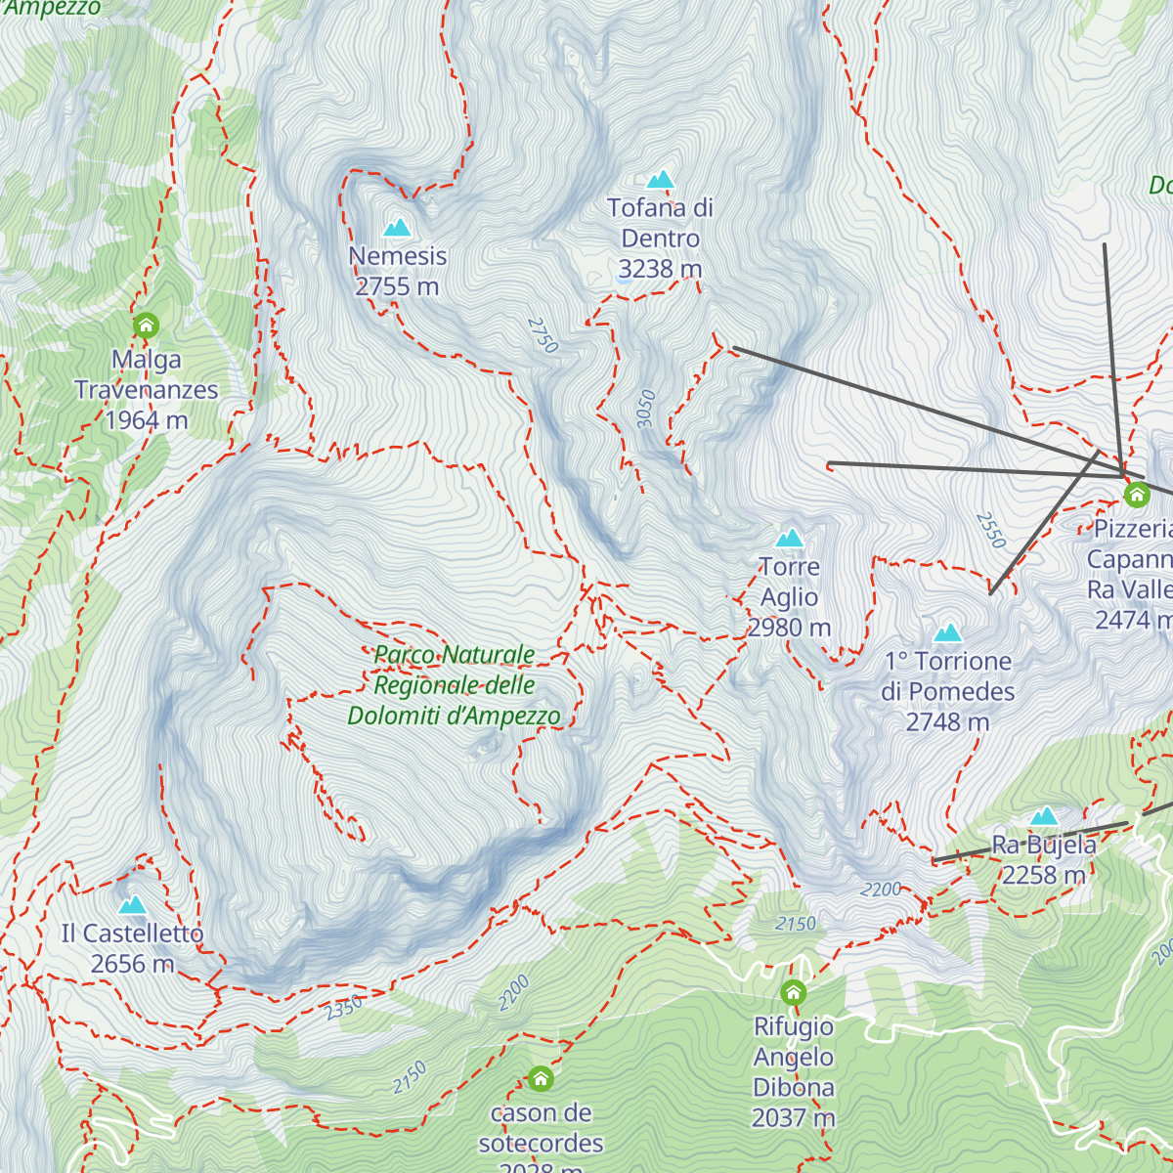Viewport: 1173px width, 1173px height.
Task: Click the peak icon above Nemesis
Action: [x=397, y=228]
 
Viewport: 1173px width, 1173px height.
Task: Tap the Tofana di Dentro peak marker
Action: [x=661, y=180]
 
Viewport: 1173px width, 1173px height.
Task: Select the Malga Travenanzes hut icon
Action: [x=146, y=325]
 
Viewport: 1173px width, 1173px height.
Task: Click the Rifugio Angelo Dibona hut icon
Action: [x=794, y=993]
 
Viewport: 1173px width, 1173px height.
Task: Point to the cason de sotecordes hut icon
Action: [x=541, y=1079]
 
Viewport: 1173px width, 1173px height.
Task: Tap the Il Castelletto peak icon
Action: [x=132, y=905]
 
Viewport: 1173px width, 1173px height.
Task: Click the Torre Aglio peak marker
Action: [x=790, y=538]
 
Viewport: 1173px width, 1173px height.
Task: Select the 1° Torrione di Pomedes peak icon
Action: [x=948, y=633]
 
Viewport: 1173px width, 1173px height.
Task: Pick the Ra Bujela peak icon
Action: [x=1044, y=816]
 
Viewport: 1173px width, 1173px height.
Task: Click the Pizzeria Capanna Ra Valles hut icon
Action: [x=1136, y=495]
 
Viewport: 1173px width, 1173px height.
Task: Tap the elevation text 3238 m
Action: [x=660, y=269]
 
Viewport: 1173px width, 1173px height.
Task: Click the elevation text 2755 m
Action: [x=397, y=286]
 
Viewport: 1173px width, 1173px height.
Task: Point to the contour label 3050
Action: [x=645, y=409]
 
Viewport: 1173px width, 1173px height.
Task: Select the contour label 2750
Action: [x=543, y=334]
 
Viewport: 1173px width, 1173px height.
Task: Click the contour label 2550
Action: [x=990, y=529]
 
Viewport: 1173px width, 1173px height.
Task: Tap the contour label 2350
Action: [x=344, y=1007]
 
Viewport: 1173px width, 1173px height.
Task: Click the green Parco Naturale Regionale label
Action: [x=455, y=685]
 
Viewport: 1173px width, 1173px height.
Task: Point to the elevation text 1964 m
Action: [x=147, y=420]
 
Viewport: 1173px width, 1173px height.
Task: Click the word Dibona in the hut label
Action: [x=794, y=1087]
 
